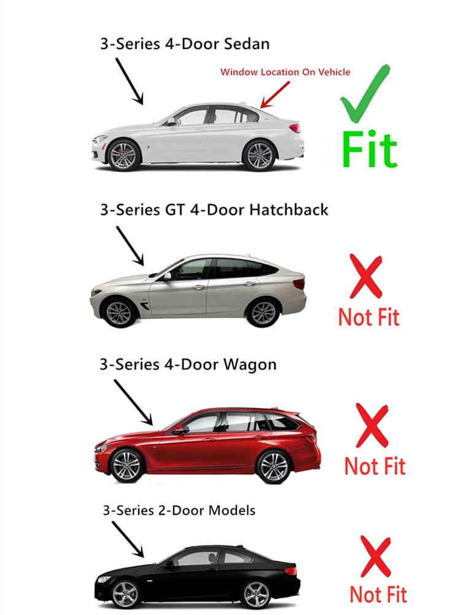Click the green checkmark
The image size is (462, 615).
[365, 93]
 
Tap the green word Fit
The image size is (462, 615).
[369, 150]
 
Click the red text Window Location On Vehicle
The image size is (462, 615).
[285, 72]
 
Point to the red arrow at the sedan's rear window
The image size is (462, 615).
[275, 95]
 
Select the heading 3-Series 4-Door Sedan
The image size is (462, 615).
[185, 44]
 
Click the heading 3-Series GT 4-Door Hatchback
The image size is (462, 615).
[214, 210]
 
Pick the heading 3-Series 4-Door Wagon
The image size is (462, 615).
[188, 364]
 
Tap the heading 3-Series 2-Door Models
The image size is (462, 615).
[179, 511]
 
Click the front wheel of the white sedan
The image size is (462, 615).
[123, 155]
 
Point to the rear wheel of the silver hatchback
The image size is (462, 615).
[263, 313]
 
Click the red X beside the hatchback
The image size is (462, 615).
[366, 276]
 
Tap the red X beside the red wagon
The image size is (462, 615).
[372, 426]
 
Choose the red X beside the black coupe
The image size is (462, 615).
[375, 557]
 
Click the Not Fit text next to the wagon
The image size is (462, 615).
[375, 466]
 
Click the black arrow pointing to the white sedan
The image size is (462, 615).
[129, 82]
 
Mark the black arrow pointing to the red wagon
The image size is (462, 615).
[133, 402]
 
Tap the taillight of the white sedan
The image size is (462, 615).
[294, 128]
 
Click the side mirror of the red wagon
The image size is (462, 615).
[180, 430]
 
